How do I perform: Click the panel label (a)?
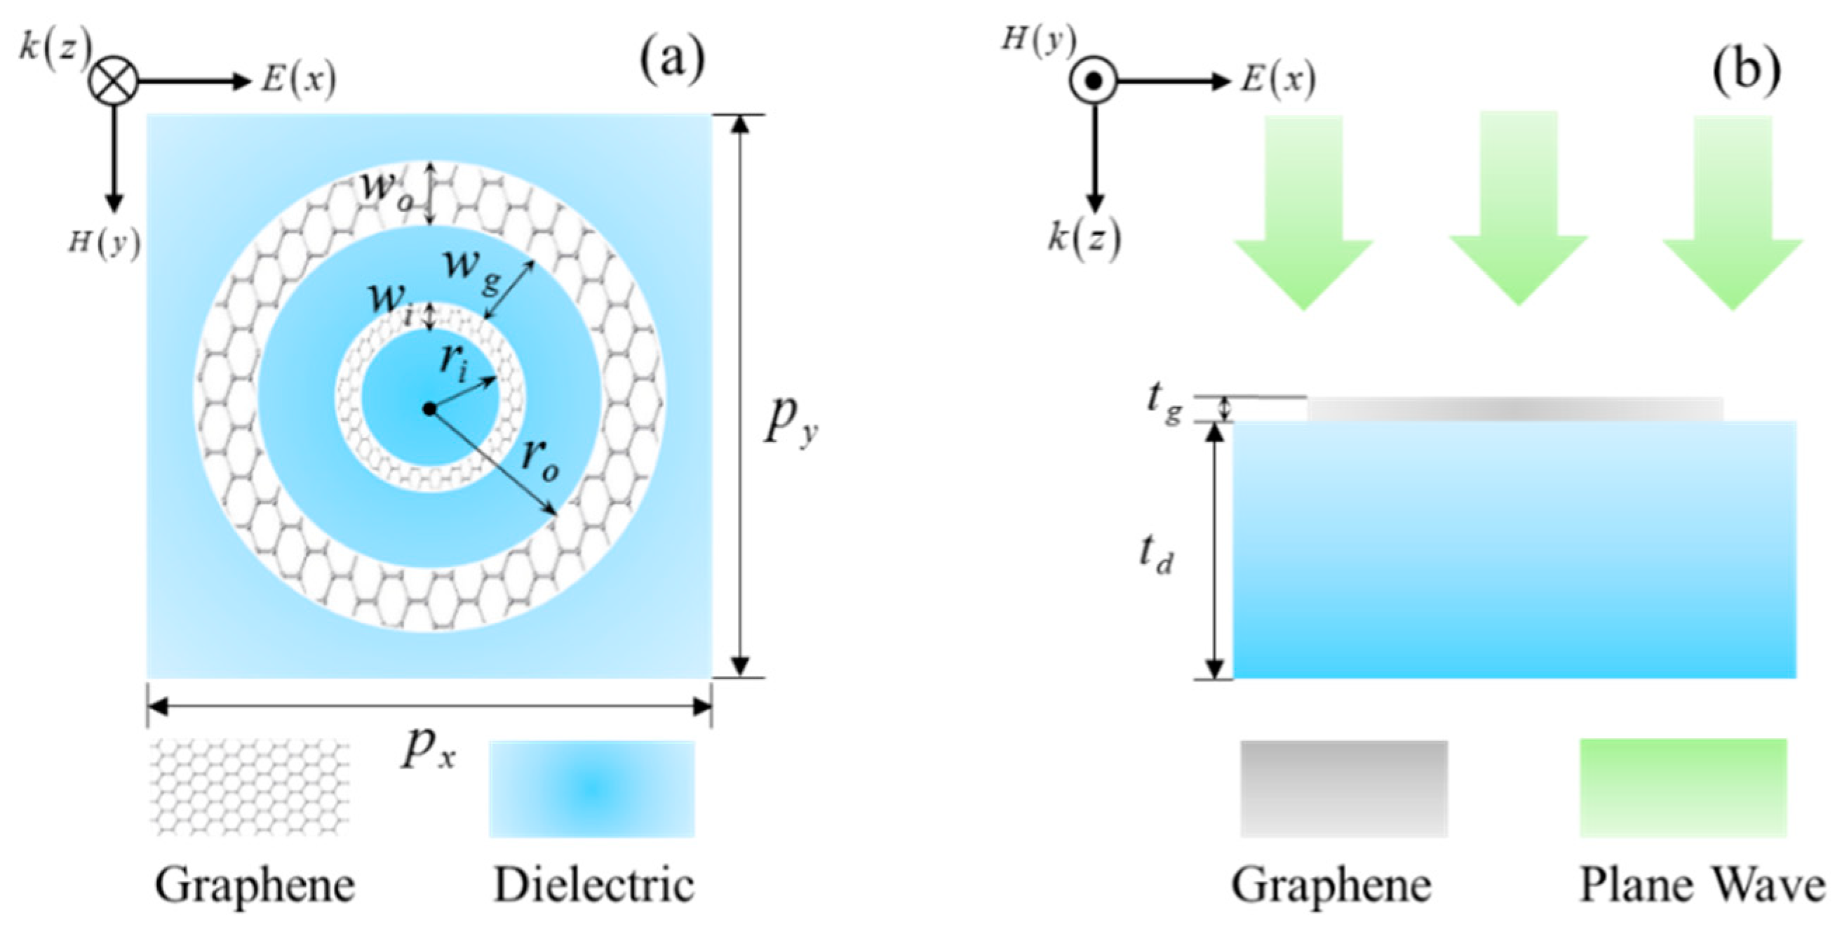[671, 61]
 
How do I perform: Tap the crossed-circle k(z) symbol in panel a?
[112, 81]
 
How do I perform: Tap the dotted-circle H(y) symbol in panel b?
[1093, 81]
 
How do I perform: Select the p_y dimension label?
[791, 422]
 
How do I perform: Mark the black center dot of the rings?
[429, 408]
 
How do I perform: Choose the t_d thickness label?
[1155, 555]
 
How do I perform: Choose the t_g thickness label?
[1163, 405]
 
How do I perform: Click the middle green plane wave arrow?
[1518, 208]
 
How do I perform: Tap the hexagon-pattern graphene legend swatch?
[250, 787]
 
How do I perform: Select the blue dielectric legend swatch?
[591, 788]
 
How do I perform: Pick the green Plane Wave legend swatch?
[1683, 787]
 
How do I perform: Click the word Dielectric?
[593, 885]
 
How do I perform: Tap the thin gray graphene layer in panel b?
[1515, 408]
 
